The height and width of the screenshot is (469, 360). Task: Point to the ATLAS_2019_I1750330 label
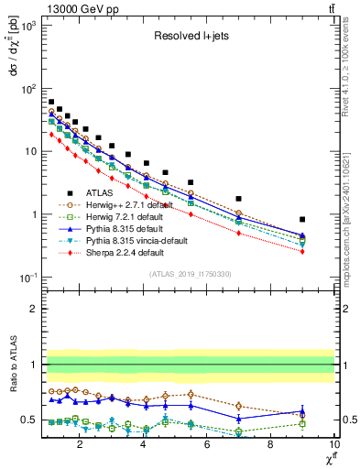(190, 274)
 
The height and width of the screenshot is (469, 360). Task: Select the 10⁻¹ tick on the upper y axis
(26, 278)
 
